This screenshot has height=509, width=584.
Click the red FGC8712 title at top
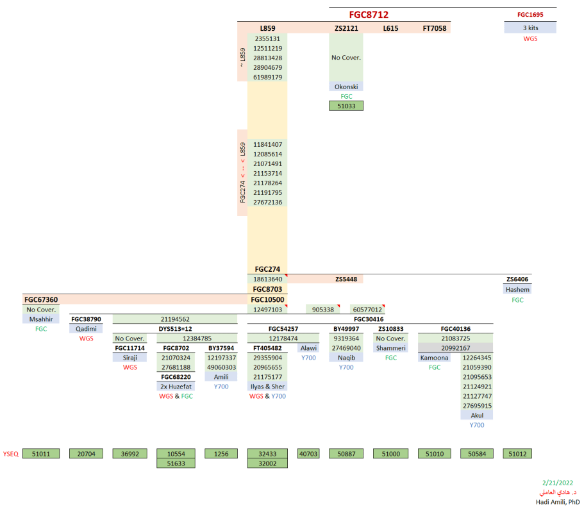[369, 15]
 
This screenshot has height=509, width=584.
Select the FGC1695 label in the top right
[530, 14]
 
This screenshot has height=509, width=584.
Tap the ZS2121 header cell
[346, 29]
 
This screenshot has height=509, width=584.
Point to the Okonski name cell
[346, 87]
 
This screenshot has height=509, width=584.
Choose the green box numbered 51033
[346, 106]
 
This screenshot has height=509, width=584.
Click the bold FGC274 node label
[267, 270]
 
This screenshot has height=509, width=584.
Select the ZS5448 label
[346, 280]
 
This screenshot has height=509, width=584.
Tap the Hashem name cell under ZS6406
[517, 290]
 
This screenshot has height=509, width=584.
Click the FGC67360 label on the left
[41, 299]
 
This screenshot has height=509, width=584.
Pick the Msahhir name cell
[41, 319]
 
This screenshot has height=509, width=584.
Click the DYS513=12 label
[175, 329]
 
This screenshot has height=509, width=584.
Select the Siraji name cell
[130, 358]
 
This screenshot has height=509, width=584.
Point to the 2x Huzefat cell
[176, 387]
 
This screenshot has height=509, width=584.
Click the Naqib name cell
[346, 358]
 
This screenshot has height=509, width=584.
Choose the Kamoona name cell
[435, 358]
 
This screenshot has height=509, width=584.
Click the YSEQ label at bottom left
[10, 454]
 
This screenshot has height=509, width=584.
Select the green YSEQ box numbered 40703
[308, 454]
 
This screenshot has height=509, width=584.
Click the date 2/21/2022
[557, 483]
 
